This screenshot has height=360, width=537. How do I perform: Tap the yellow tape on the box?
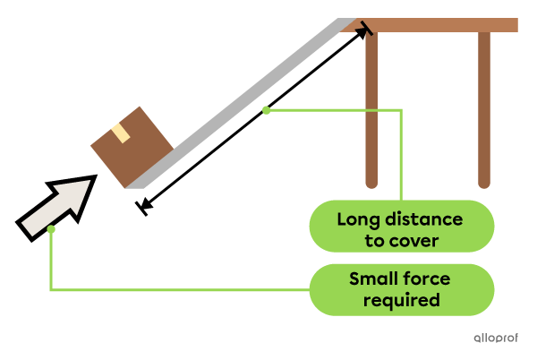(x=121, y=133)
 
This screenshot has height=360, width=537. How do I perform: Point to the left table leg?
(x=371, y=107)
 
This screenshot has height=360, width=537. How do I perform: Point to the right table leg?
(x=484, y=107)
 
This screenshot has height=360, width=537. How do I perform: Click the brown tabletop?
(x=439, y=25)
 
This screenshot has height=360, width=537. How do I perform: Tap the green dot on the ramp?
(x=266, y=110)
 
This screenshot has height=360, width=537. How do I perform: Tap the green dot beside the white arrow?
(x=51, y=230)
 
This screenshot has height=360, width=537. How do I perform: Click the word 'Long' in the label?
(x=359, y=219)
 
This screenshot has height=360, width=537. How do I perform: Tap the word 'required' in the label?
(x=402, y=300)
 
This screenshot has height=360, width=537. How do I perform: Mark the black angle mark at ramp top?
(x=363, y=30)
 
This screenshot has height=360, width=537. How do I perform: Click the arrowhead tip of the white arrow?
(x=89, y=182)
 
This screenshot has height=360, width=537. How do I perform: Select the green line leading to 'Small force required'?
(x=179, y=289)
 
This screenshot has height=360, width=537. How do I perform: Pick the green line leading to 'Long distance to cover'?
(x=401, y=152)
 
